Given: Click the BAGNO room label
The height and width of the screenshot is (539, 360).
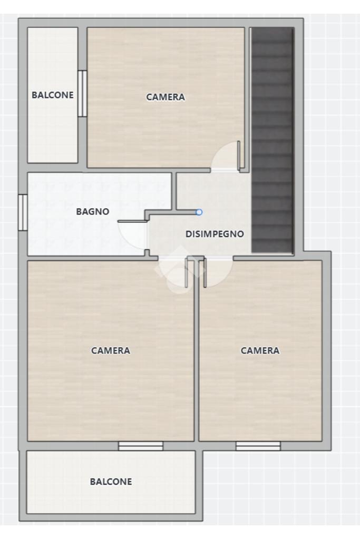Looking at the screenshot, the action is click(x=92, y=211).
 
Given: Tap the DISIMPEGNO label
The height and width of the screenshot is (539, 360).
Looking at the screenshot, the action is click(x=215, y=234).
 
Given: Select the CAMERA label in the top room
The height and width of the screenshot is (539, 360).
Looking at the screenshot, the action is click(x=166, y=97).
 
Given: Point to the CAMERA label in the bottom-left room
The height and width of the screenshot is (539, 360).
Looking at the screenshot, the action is click(x=110, y=350).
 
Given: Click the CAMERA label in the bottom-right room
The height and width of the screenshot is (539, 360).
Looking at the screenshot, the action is click(x=260, y=350).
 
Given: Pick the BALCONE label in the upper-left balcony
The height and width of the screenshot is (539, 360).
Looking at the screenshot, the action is click(x=53, y=95).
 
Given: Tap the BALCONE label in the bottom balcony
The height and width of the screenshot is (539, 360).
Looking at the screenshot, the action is click(x=111, y=482).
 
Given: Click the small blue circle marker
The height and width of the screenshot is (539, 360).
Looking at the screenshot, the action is click(x=199, y=212).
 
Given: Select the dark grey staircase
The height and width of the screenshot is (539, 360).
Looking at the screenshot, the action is click(x=273, y=140).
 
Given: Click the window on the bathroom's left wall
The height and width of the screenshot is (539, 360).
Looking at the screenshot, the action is click(x=23, y=212).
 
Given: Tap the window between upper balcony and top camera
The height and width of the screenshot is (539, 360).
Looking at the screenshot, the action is click(x=82, y=93).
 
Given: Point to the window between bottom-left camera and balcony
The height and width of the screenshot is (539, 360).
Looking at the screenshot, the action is click(x=141, y=446).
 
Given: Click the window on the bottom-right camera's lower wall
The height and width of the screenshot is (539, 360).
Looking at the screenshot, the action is click(x=258, y=446).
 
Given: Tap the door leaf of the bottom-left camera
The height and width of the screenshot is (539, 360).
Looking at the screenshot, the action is click(x=187, y=272).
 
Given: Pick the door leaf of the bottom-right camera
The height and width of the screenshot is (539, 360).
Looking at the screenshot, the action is click(x=205, y=273).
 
